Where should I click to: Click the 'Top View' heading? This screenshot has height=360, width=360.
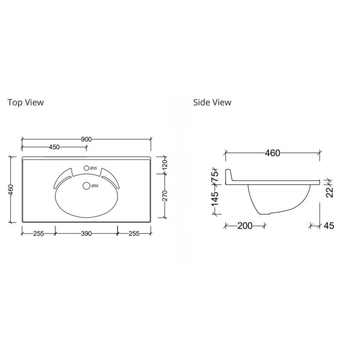pos(25,102)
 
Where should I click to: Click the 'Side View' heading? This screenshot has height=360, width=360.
pos(212,102)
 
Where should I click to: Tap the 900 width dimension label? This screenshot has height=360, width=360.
pos(86,139)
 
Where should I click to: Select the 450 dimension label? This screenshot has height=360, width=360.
pos(54,147)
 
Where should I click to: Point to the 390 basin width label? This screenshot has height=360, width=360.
pos(86,233)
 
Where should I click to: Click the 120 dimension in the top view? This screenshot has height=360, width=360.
pos(165,165)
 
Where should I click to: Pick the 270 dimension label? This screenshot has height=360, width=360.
pos(165,195)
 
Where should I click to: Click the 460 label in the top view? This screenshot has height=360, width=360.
pos(11,189)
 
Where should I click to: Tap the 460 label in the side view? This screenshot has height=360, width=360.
pos(272,153)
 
